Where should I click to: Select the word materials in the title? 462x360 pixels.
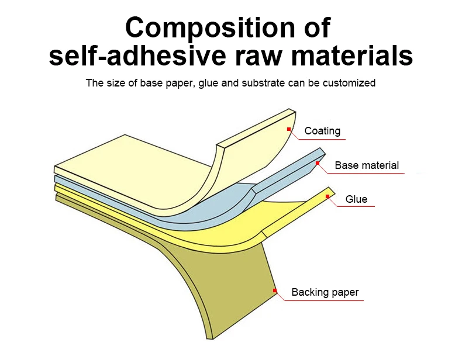[x=345, y=56]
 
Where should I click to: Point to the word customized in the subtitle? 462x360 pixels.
[x=348, y=83]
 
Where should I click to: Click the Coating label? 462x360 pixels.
[x=322, y=131]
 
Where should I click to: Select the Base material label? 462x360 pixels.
[x=367, y=165]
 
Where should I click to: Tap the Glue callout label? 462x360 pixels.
[x=357, y=199]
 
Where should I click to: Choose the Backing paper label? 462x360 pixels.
[x=325, y=292]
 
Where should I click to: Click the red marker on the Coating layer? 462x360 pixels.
[x=289, y=129]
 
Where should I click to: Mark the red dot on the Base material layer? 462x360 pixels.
[x=318, y=163]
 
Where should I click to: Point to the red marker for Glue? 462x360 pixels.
[x=327, y=196]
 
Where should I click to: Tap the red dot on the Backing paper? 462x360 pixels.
[x=275, y=290]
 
